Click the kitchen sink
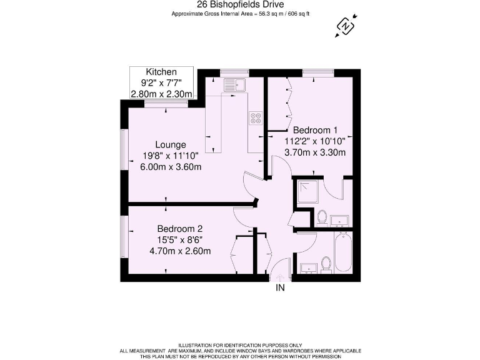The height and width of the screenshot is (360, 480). [236, 84]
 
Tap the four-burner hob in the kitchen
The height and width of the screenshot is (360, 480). [256, 117]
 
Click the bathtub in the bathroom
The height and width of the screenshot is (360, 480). [342, 252]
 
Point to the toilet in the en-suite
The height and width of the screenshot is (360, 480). [322, 217]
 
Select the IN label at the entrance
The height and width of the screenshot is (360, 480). [280, 288]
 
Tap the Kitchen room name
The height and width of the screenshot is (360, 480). [161, 72]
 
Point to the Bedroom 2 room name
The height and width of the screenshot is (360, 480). [179, 228]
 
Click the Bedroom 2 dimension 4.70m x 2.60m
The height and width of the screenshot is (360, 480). [179, 251]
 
